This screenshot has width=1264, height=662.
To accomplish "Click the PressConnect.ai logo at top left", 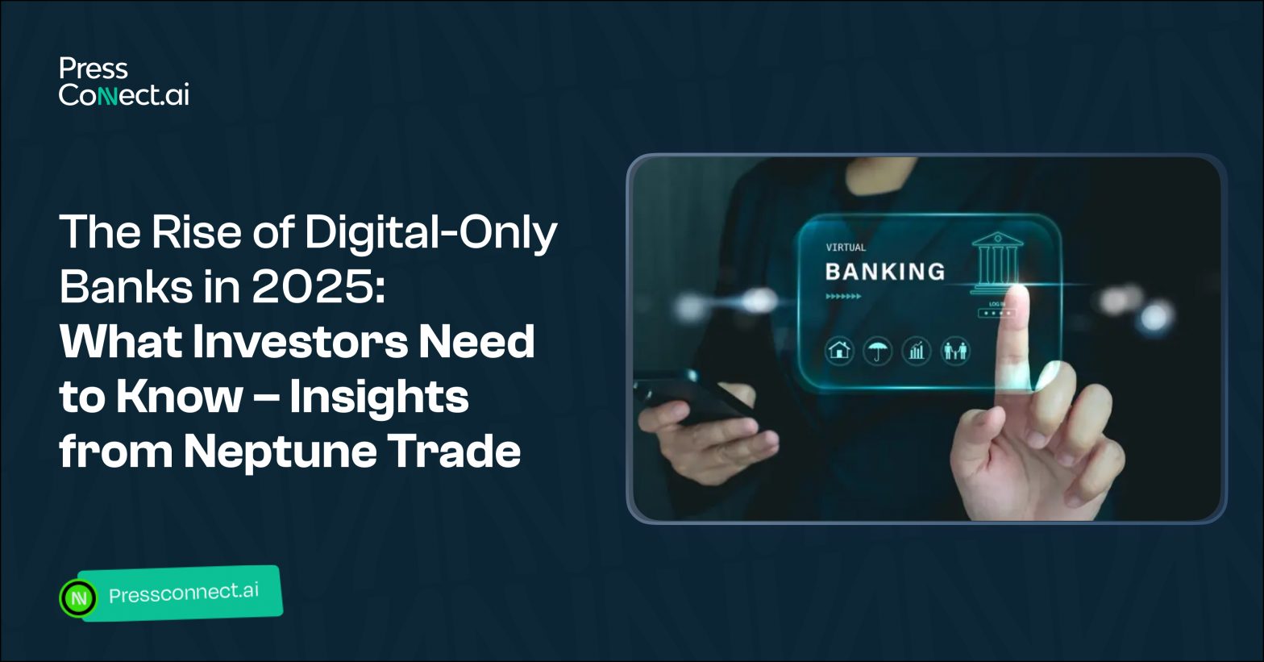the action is [123, 81].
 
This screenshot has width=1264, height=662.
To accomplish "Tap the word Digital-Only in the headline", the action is [431, 232].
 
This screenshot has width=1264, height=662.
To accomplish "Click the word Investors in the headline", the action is [300, 341].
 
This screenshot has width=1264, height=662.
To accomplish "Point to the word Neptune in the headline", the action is [280, 452].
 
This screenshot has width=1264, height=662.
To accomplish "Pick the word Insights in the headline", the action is [379, 398].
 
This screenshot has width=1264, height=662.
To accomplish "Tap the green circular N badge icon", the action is [78, 597].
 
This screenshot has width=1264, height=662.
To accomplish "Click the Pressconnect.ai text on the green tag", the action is [184, 593].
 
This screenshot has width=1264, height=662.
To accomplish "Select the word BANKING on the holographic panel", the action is [885, 272].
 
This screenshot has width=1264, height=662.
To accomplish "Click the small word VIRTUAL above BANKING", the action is [846, 248].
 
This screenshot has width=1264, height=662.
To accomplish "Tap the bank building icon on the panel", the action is [997, 262].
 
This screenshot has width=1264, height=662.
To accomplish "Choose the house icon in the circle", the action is [839, 351].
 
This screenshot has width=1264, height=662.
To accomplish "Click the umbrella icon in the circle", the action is [878, 351].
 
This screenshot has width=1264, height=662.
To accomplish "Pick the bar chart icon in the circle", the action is [917, 351].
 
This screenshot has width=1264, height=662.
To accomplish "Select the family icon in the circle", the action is [955, 351].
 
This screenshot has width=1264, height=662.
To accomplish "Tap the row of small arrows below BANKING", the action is [843, 296].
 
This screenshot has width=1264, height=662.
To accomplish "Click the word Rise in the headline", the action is [196, 231].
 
